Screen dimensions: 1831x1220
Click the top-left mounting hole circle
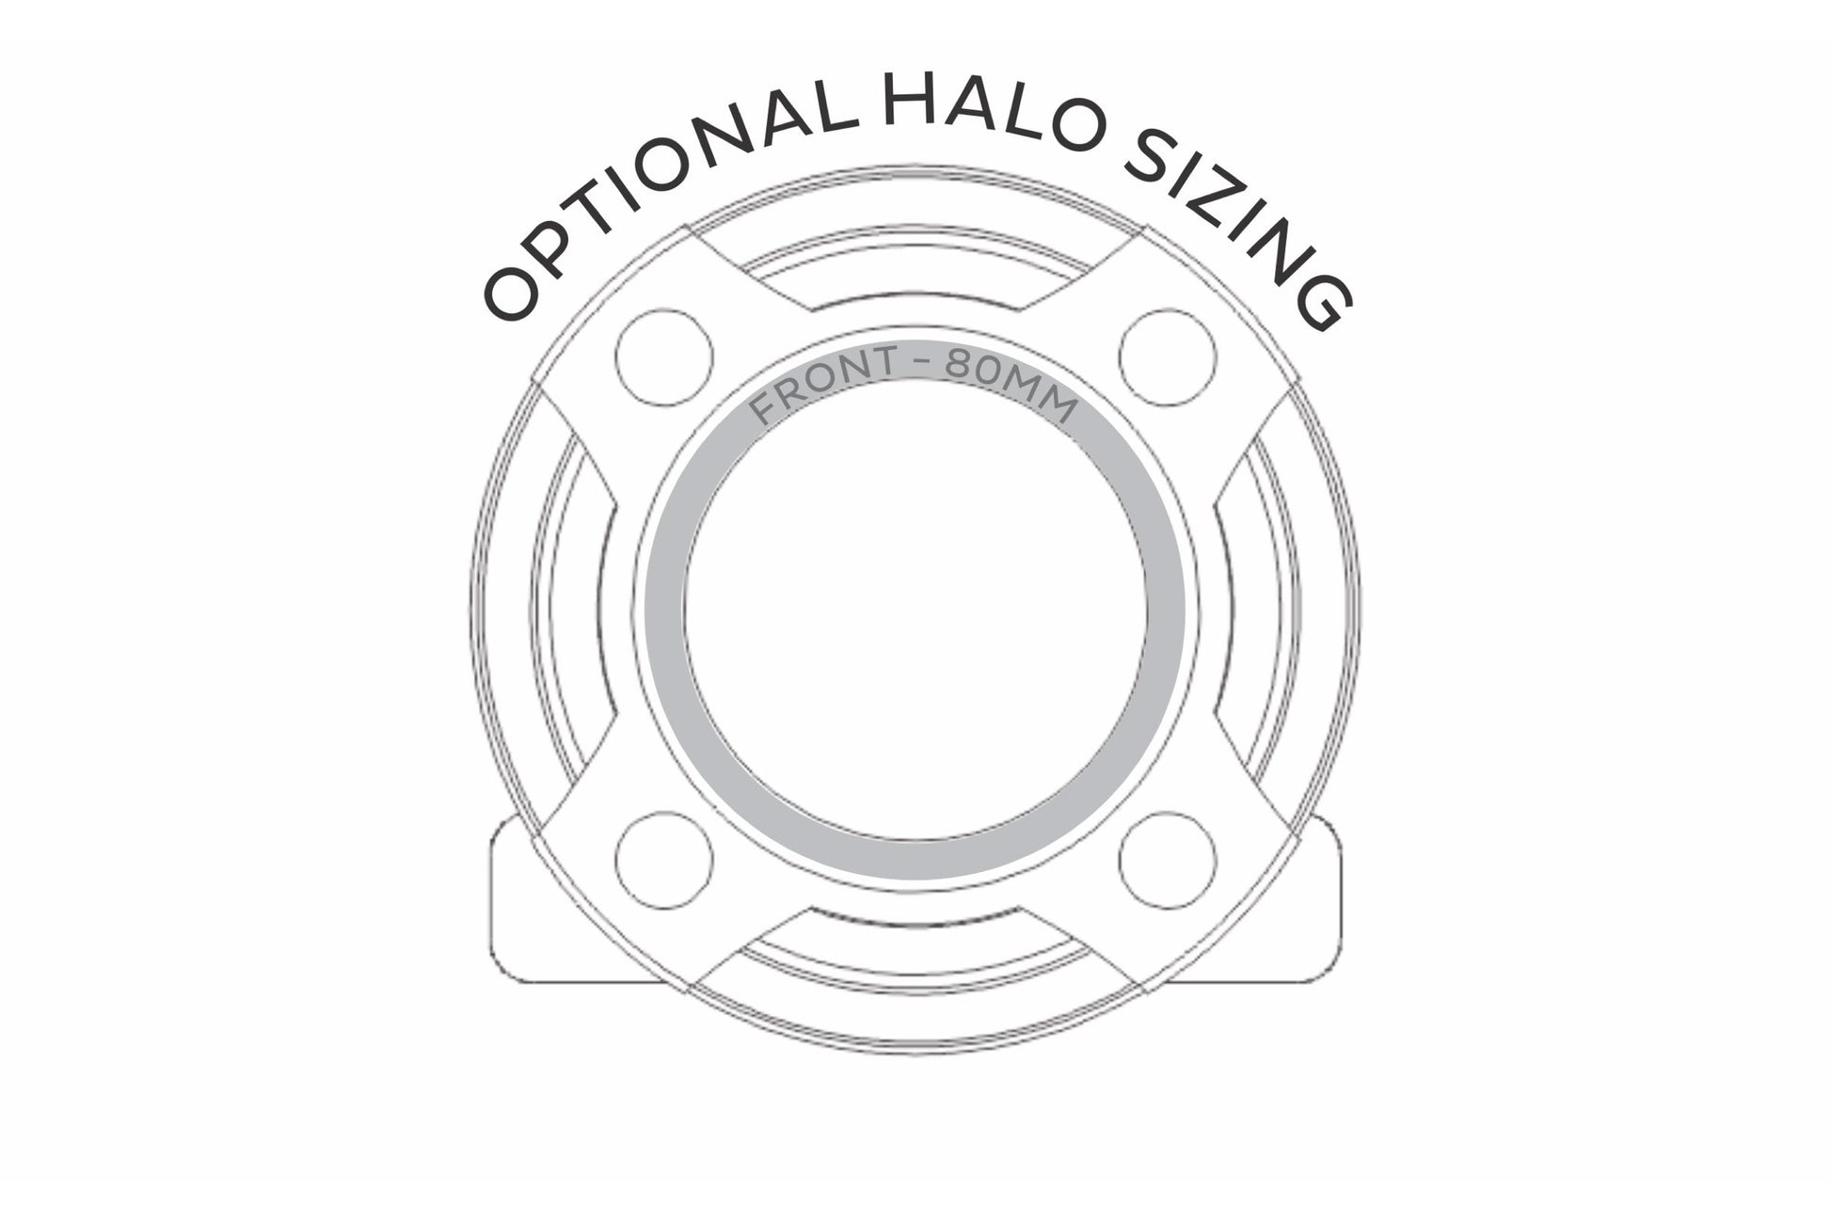(x=663, y=357)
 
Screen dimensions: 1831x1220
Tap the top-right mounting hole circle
(x=1168, y=357)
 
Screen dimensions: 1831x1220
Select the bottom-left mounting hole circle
(x=663, y=860)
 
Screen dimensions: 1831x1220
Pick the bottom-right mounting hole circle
(x=1168, y=860)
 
